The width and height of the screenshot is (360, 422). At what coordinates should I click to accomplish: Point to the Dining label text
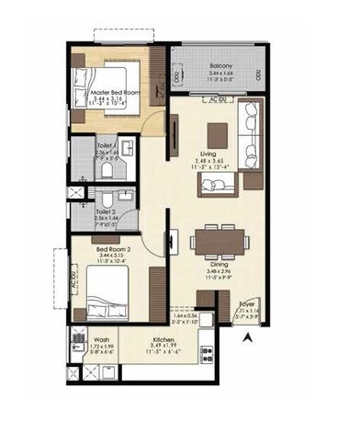(219, 264)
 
